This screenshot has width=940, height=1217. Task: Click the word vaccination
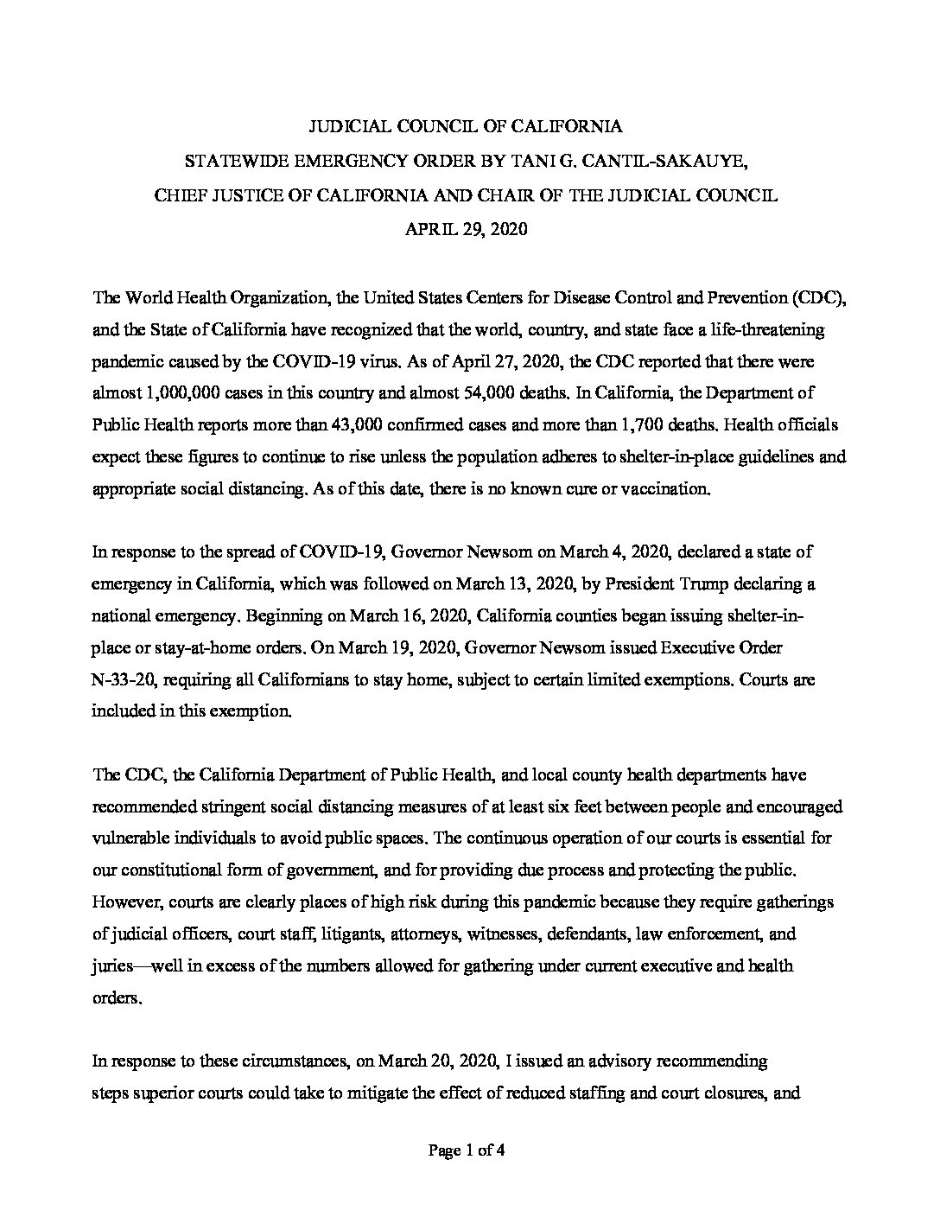tap(667, 488)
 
